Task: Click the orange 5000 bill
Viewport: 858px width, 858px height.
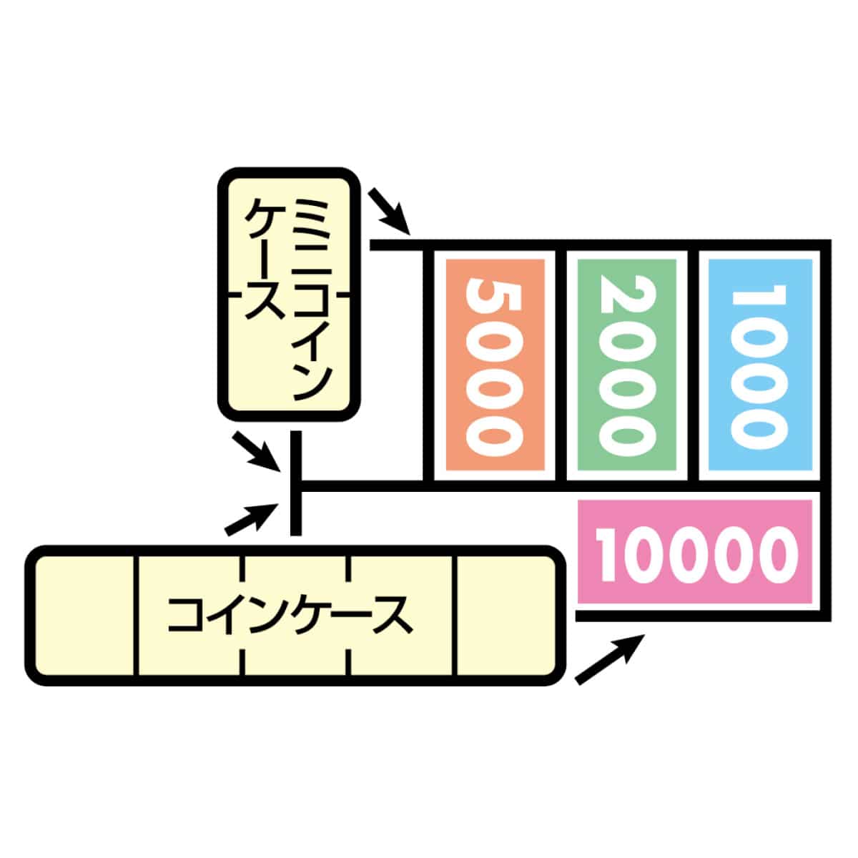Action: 494,365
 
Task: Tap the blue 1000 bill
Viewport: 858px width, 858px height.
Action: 757,365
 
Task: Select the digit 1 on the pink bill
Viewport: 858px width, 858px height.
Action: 611,553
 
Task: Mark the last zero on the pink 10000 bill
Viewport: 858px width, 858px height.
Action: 776,553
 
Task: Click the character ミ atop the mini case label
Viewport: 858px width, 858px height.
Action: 313,214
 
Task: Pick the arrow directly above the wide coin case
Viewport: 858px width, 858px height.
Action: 250,518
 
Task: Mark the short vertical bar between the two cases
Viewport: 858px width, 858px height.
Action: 295,483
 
